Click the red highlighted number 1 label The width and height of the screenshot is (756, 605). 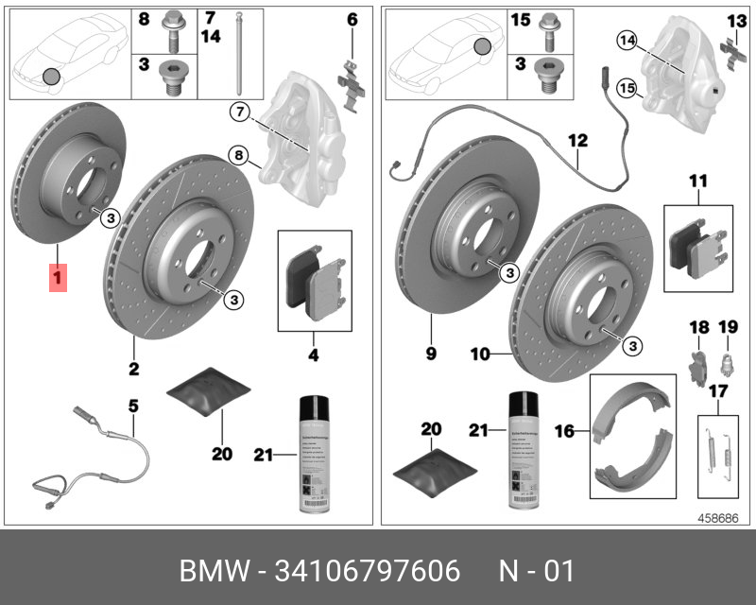click(58, 279)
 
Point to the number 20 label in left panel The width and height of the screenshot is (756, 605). click(221, 454)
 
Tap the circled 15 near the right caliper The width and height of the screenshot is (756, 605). click(626, 88)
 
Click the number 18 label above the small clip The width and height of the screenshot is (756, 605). click(697, 327)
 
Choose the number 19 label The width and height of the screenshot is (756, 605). click(728, 327)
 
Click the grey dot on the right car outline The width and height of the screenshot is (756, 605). click(482, 45)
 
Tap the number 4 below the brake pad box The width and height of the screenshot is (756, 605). click(313, 355)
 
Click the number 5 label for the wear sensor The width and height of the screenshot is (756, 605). click(133, 406)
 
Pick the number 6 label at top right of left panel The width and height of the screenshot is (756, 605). click(352, 19)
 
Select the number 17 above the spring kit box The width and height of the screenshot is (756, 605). click(717, 390)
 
